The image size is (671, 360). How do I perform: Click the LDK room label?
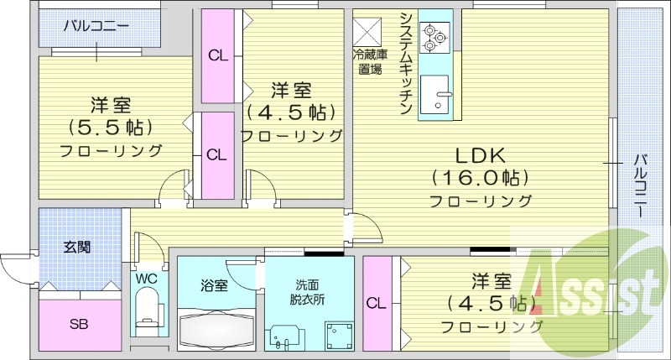pyautogui.click(x=480, y=155)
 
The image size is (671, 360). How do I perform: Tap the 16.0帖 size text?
pyautogui.click(x=480, y=178)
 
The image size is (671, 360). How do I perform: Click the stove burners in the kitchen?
pyautogui.click(x=435, y=37)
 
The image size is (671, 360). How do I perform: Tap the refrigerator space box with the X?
pyautogui.click(x=367, y=32)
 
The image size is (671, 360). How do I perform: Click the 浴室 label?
pyautogui.click(x=215, y=285)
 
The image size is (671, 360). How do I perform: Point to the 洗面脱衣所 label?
pyautogui.click(x=308, y=291)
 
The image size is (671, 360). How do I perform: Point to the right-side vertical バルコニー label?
pyautogui.click(x=641, y=186)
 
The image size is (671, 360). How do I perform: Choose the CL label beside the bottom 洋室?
pyautogui.click(x=376, y=302)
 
